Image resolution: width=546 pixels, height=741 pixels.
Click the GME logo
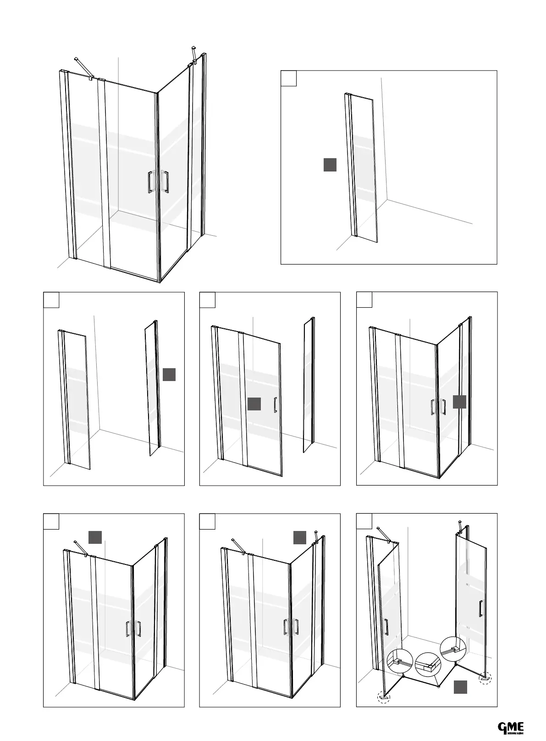point(511,727)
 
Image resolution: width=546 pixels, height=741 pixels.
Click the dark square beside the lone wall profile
point(330,165)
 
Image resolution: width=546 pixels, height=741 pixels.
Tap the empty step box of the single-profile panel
point(288,78)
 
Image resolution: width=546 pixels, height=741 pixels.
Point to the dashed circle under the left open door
point(383,698)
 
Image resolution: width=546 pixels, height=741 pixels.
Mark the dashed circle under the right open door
point(484,678)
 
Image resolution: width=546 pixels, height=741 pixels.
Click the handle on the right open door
point(480,608)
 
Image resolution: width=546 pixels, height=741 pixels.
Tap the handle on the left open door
point(386,627)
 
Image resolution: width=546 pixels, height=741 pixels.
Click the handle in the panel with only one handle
point(275,405)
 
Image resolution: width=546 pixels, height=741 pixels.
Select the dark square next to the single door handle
point(254,404)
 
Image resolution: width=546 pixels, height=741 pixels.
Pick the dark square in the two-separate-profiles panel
point(169,374)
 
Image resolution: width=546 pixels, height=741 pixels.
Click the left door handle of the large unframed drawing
point(150,182)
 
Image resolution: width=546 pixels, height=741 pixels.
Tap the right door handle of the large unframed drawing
point(165,182)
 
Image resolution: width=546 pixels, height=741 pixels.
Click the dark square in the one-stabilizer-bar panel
point(95,537)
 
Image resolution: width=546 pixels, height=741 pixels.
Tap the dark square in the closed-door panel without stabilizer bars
point(459,402)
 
